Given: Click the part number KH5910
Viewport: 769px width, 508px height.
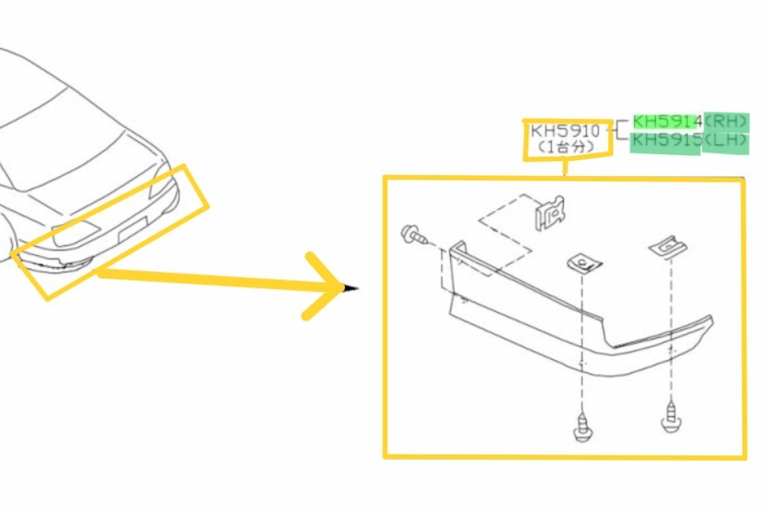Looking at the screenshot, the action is tap(566, 131).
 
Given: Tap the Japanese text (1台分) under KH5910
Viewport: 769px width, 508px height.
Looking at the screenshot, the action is tap(566, 146).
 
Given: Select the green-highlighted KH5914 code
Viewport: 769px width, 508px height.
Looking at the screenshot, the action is tap(667, 122).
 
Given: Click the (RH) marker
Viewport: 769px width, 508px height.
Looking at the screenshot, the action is tap(726, 122).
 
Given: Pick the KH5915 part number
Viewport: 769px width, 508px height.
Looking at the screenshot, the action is tap(667, 141).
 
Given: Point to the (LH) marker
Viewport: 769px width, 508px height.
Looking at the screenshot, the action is tap(726, 141).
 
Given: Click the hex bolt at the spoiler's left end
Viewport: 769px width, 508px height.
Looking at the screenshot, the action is tap(414, 235).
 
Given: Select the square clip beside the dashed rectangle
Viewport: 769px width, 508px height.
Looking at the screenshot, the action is tap(549, 213).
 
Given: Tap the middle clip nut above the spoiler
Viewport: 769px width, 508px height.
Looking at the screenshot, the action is tap(584, 264).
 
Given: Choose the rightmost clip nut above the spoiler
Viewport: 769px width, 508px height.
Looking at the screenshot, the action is tap(668, 246).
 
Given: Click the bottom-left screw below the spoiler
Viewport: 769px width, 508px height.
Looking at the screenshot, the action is tap(582, 427).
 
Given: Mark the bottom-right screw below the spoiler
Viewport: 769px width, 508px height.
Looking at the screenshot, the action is tap(671, 418).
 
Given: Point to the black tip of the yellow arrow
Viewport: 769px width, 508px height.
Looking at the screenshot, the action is tap(351, 288).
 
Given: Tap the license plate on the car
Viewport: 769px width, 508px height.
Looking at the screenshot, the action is tap(132, 229).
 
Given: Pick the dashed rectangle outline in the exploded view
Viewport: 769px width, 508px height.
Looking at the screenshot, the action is tap(505, 233).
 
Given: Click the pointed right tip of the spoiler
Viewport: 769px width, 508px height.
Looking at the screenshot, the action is tap(711, 319).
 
